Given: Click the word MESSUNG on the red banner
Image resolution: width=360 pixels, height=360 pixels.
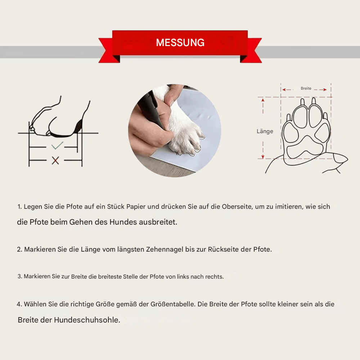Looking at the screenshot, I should click(180, 43).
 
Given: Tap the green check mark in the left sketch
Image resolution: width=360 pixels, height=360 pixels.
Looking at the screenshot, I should click(57, 146).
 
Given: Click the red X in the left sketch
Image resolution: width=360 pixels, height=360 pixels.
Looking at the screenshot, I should click(55, 161).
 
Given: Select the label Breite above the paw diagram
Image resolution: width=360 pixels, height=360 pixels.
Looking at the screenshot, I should click(306, 89).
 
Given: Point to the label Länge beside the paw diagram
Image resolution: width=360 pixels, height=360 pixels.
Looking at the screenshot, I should click(265, 131).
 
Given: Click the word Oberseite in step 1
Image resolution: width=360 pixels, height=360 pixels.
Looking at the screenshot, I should click(237, 207).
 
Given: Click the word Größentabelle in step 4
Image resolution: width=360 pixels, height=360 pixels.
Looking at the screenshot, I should click(172, 304).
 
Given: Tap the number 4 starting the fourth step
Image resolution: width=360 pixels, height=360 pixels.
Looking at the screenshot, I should click(19, 304).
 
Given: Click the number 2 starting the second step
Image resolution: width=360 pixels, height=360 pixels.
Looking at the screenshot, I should click(19, 249).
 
